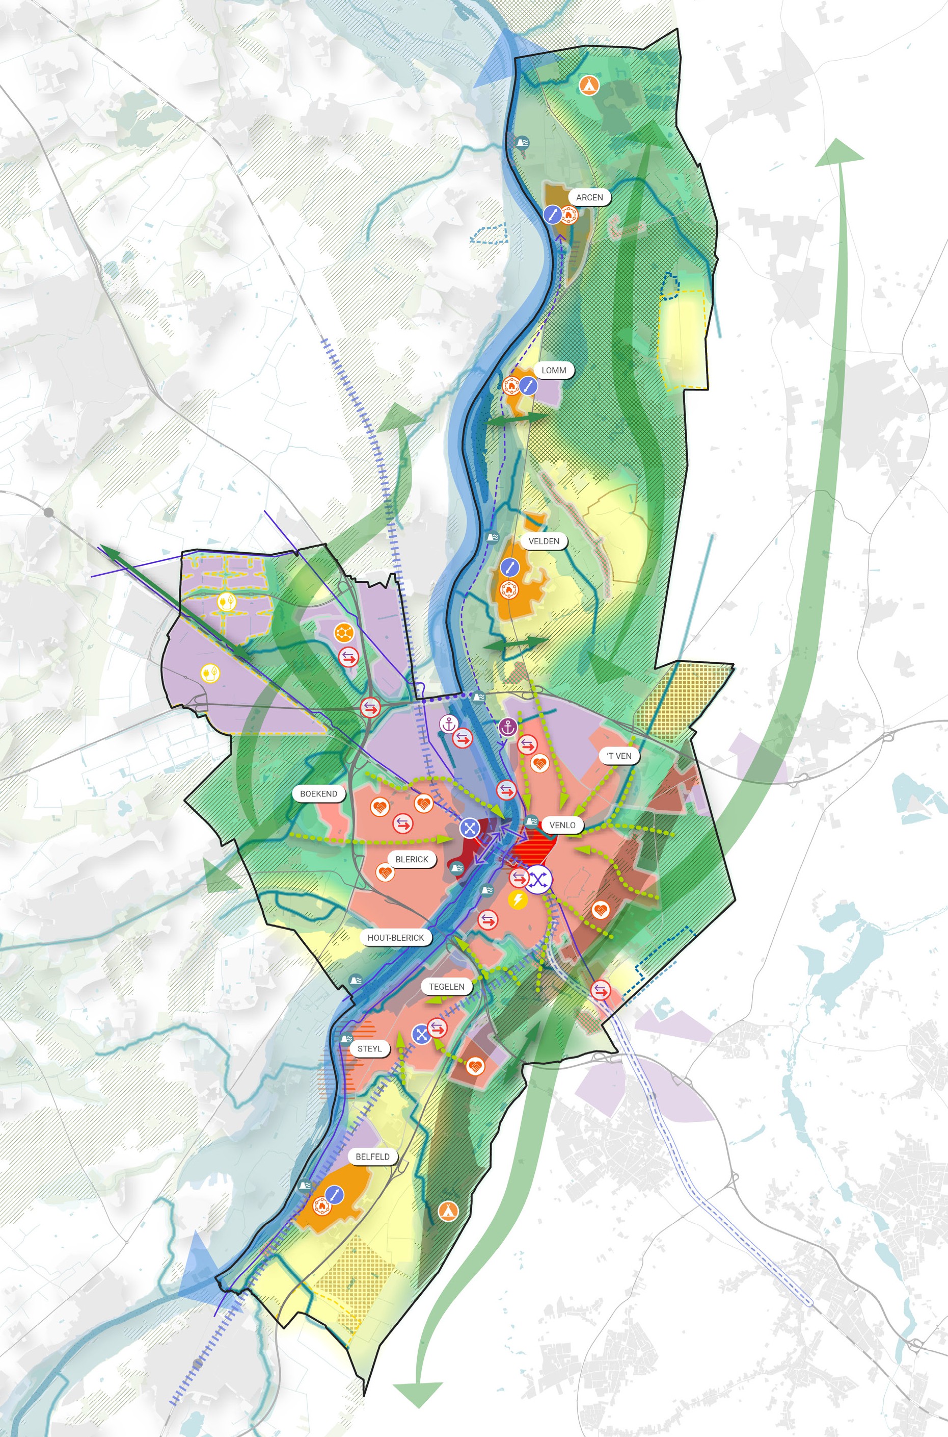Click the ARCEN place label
[589, 197]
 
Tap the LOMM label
[553, 370]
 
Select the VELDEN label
[544, 541]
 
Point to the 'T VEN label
[618, 756]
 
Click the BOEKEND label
[318, 794]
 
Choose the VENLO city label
[562, 825]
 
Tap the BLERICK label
[411, 859]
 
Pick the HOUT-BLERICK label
[395, 938]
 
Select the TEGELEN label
[446, 986]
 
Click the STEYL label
[369, 1048]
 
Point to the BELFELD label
[372, 1156]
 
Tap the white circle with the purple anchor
[448, 723]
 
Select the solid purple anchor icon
[508, 728]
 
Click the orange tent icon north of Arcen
[586, 84]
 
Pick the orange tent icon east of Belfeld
[448, 1210]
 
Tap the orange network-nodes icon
[343, 633]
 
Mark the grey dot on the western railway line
[48, 512]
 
